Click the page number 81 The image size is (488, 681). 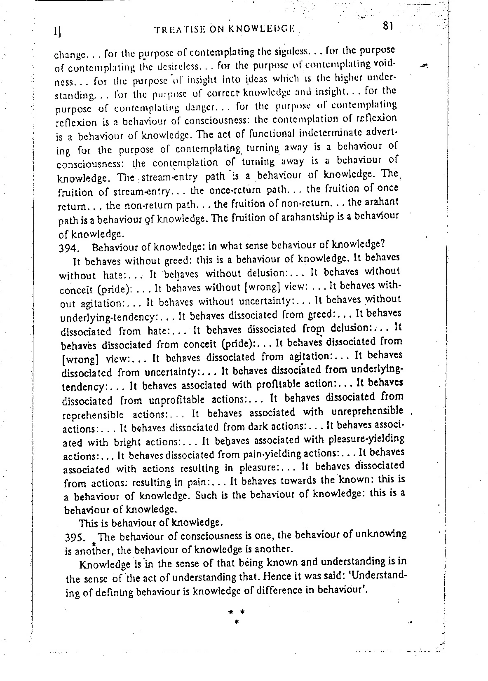click(387, 27)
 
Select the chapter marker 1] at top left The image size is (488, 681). click(58, 32)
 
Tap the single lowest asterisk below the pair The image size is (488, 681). click(237, 621)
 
